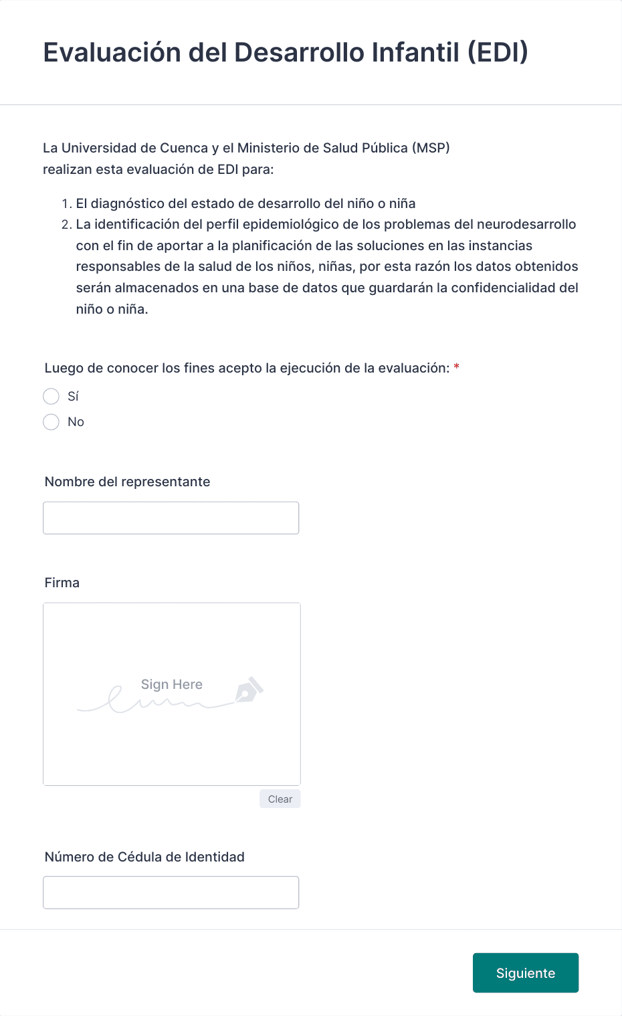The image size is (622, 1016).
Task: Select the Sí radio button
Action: coord(51,397)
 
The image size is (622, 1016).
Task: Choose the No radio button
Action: coord(51,422)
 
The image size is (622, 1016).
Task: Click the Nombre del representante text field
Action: coord(171,518)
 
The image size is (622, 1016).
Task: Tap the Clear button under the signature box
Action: coord(280,799)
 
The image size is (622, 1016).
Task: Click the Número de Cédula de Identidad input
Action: coord(171,893)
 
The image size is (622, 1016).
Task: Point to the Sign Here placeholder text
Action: coord(171,684)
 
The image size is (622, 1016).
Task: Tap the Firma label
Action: coord(62,583)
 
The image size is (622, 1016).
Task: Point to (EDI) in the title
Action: coord(498,52)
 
